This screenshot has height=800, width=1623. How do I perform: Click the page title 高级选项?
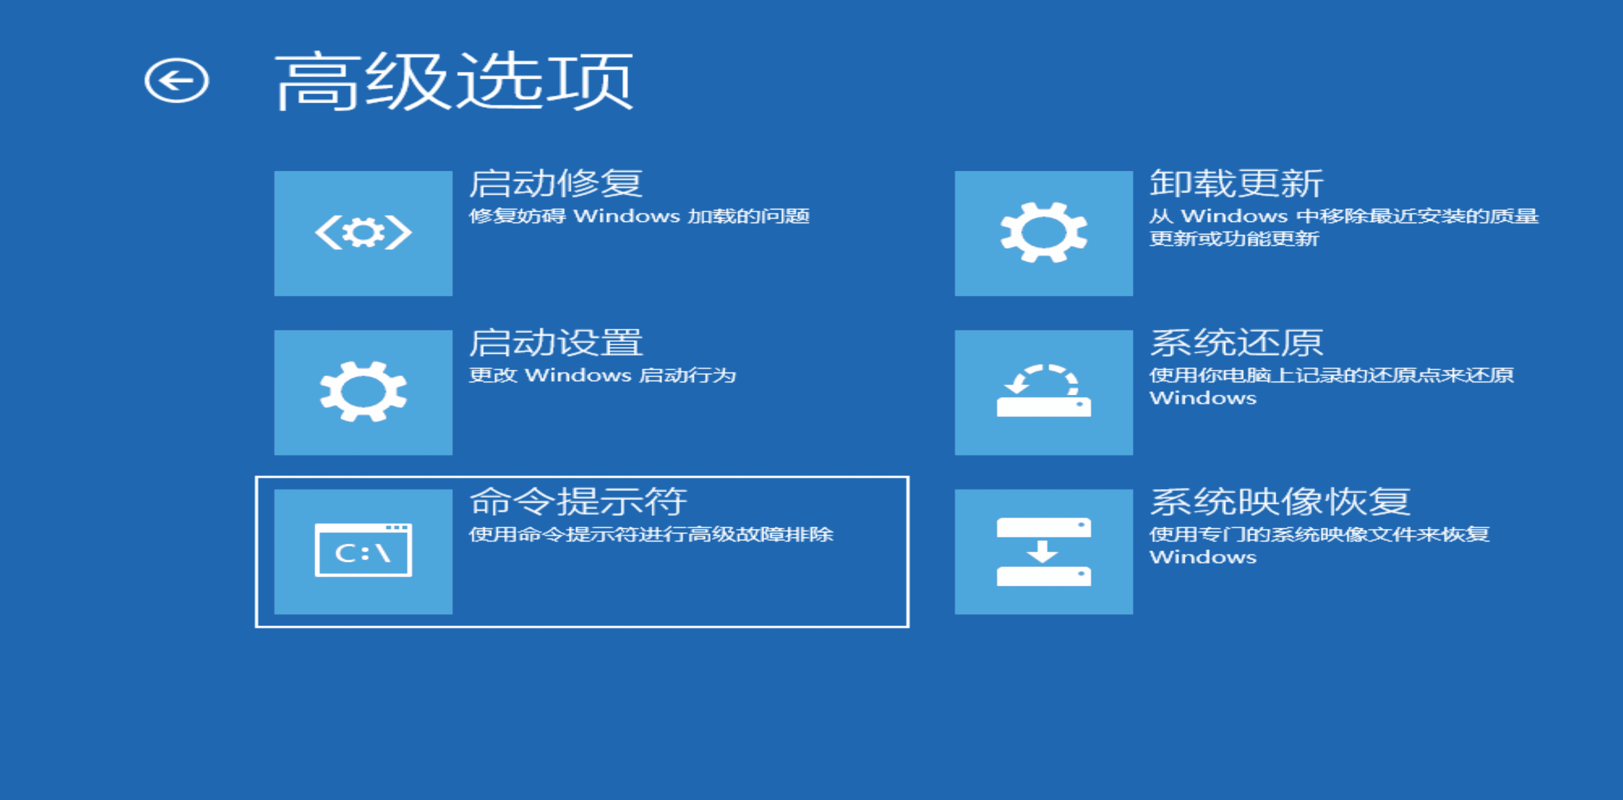click(x=454, y=81)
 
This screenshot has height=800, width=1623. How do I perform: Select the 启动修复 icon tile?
click(x=363, y=233)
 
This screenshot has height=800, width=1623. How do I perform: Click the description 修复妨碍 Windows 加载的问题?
click(x=639, y=216)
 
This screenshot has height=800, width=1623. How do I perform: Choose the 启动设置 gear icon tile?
click(x=363, y=392)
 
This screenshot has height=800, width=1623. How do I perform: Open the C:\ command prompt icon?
click(x=363, y=551)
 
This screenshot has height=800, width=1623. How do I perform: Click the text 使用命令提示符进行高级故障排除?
click(x=651, y=534)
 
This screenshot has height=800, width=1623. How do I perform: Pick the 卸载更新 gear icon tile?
click(x=1044, y=233)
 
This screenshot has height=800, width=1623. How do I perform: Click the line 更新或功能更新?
click(x=1234, y=239)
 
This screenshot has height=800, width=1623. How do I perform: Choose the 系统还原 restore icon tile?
click(x=1044, y=392)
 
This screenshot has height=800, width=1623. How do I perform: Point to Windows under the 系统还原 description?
click(x=1203, y=398)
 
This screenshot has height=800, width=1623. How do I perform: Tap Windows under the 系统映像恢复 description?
click(x=1203, y=557)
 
